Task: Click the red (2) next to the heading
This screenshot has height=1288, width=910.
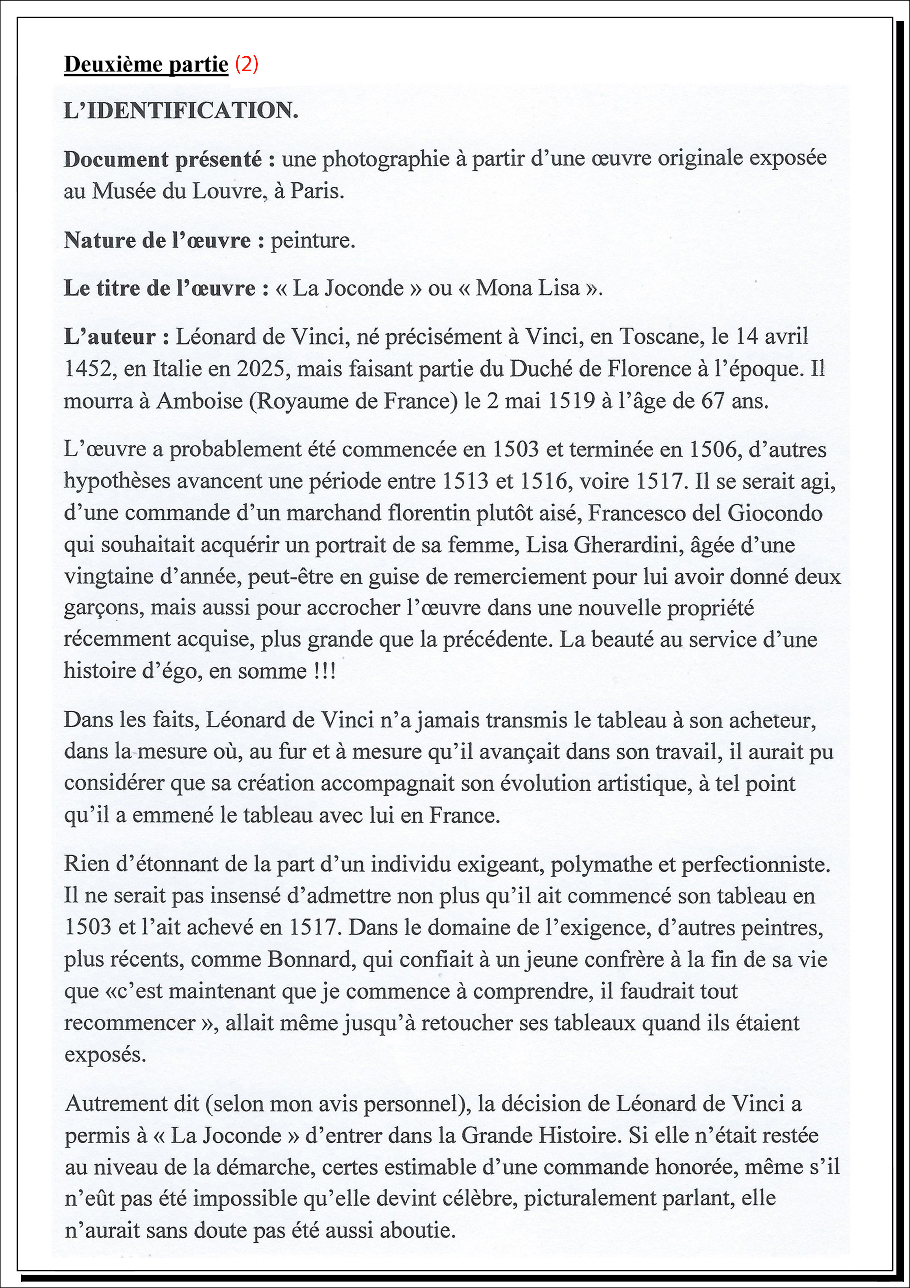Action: pyautogui.click(x=247, y=65)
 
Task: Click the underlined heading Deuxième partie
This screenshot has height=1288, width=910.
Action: pyautogui.click(x=146, y=65)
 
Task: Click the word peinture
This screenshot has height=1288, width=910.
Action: pyautogui.click(x=313, y=241)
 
